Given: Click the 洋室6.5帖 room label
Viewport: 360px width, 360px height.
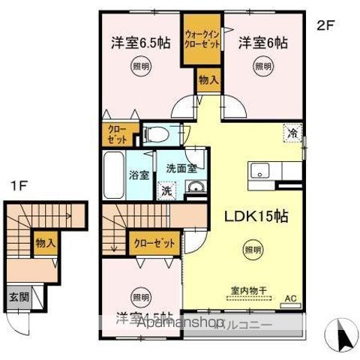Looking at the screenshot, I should [140, 42].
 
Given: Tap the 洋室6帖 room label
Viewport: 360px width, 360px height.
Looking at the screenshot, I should [262, 42].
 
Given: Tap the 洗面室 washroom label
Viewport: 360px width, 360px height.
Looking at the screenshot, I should [181, 168].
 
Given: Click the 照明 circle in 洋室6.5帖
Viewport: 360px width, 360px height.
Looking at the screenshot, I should [141, 67].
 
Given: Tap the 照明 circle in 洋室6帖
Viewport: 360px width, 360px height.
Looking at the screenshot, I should [262, 67].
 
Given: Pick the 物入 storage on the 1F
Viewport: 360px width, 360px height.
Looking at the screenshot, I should [45, 243].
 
